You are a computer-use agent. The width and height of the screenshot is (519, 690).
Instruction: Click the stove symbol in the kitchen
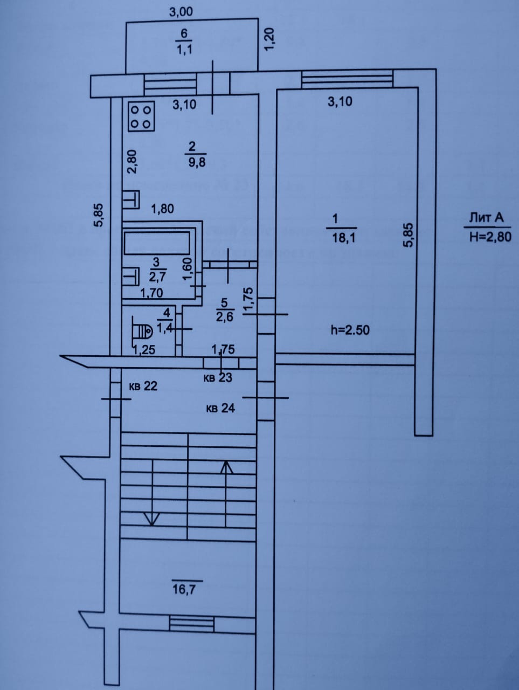pos(142,116)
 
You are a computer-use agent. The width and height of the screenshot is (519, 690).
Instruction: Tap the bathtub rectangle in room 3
pos(156,243)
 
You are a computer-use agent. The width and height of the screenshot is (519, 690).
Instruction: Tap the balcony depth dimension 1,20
pos(270,39)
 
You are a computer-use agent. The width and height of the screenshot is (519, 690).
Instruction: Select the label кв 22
pos(143,386)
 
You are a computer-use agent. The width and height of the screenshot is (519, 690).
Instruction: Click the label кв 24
pos(220,409)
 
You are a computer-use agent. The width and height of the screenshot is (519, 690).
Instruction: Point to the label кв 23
pos(218,378)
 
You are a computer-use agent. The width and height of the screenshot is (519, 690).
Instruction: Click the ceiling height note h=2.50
pos(350,330)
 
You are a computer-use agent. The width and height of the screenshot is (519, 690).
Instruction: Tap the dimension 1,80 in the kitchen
pos(162,208)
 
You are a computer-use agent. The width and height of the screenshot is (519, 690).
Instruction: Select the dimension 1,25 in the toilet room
pos(144,350)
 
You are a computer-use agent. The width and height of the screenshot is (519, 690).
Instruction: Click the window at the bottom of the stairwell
pos(191,624)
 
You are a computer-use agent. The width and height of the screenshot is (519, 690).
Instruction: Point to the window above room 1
pos(346,80)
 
